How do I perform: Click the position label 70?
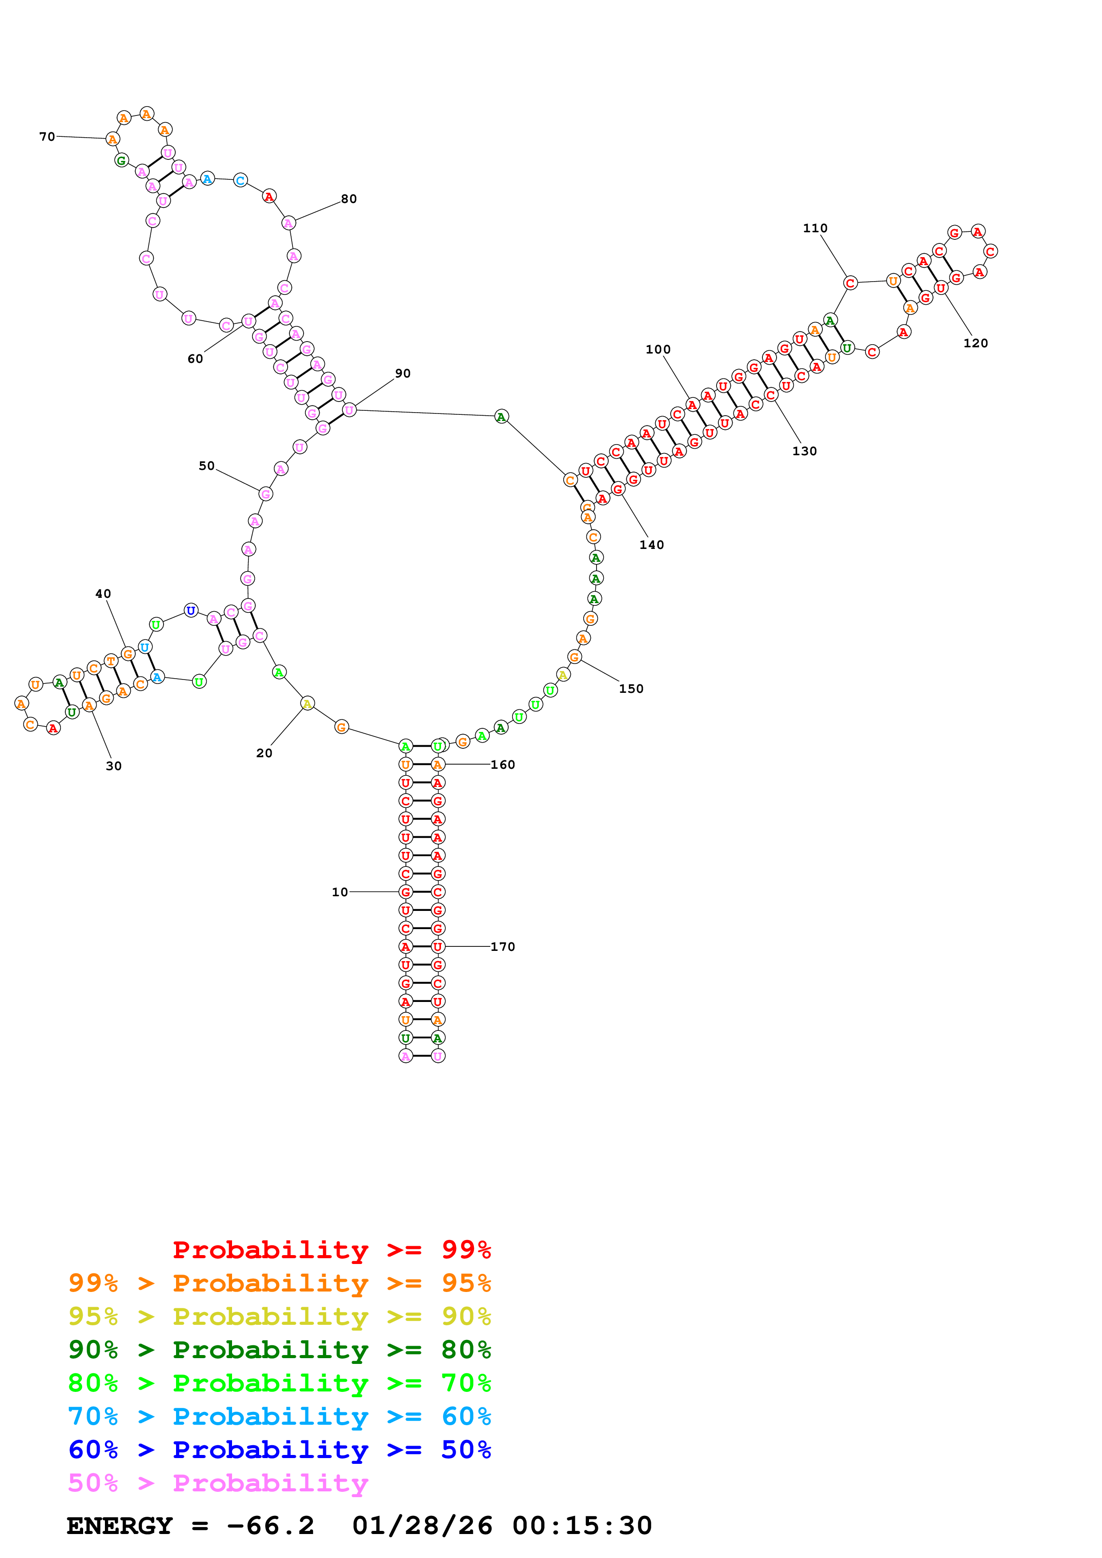[47, 136]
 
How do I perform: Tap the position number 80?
[349, 199]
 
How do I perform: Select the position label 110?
[815, 228]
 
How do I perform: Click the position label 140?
[651, 544]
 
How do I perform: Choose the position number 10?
[340, 892]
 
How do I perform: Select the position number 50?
[206, 465]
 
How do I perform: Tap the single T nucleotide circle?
[111, 660]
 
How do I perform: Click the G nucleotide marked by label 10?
[405, 892]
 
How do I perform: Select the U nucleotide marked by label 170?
[438, 946]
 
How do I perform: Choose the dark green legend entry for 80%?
[279, 1350]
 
